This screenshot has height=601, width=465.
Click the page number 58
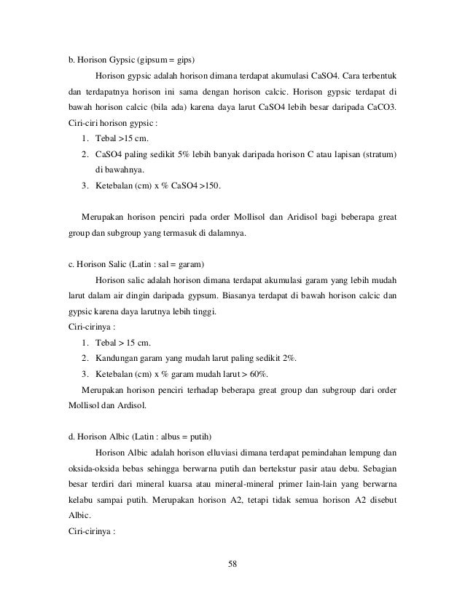click(232, 562)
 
